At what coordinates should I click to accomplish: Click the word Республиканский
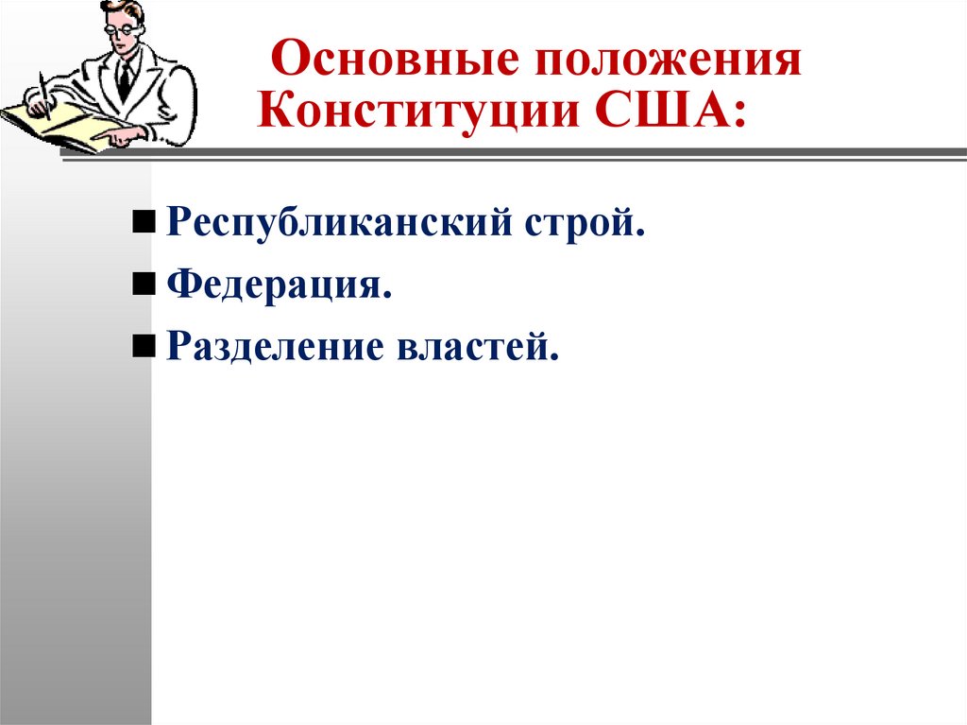click(x=339, y=225)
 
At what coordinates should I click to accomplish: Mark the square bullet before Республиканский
click(x=143, y=225)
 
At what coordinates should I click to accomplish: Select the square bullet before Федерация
click(x=143, y=285)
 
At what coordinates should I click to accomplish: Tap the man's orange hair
click(x=127, y=10)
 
